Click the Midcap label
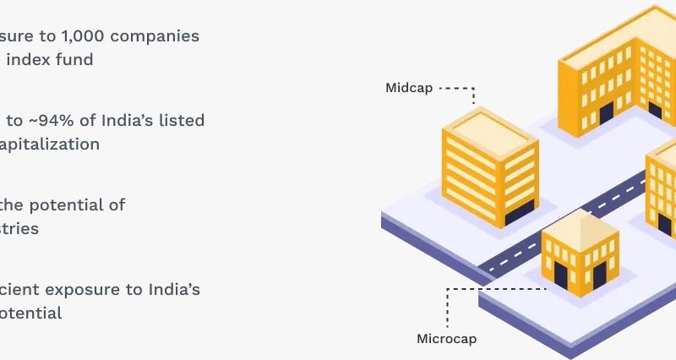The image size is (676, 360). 409,88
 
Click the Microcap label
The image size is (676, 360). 446,339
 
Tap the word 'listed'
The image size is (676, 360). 182,120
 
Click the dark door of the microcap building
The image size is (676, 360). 560,275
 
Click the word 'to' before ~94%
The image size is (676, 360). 14,120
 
